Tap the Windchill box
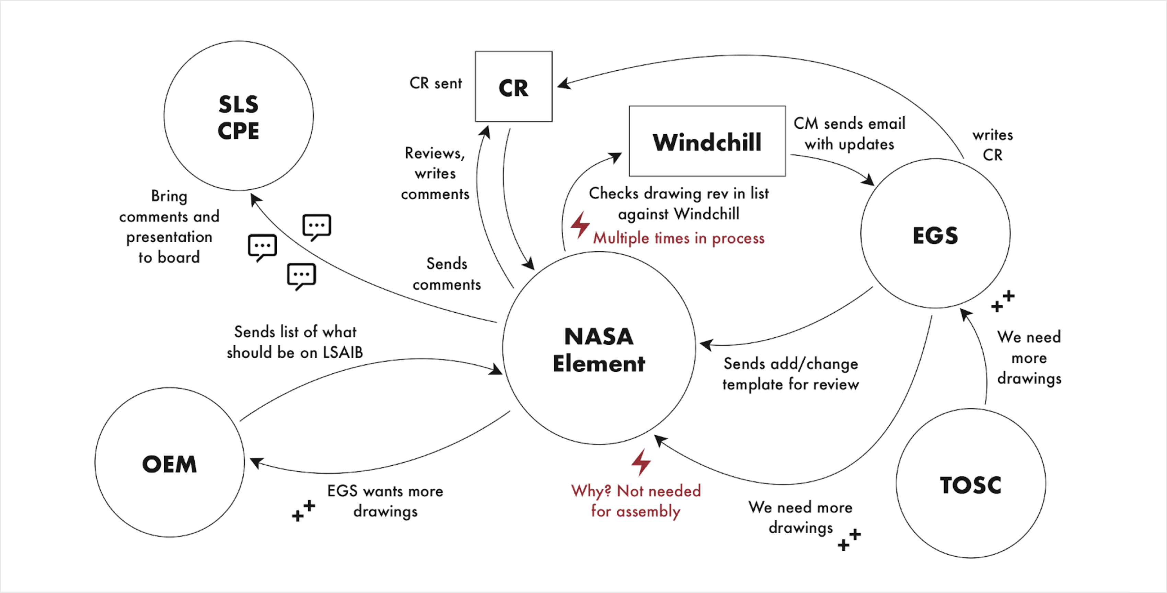(x=707, y=142)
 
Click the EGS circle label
(x=935, y=235)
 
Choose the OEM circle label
(x=170, y=464)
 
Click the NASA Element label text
(x=599, y=350)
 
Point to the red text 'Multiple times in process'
(x=679, y=238)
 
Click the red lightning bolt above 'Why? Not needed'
(x=641, y=462)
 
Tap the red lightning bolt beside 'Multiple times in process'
(x=580, y=225)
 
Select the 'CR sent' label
(x=435, y=83)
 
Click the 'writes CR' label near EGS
(x=992, y=144)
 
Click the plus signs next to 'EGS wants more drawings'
(x=303, y=511)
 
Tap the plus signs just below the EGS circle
(x=1003, y=301)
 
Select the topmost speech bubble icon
(x=317, y=226)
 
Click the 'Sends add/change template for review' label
(x=790, y=374)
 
